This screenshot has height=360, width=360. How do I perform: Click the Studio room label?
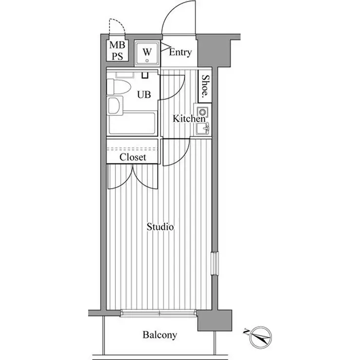click(x=160, y=227)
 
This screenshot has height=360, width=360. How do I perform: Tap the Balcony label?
click(x=160, y=335)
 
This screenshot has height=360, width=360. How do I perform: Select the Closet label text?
click(x=132, y=157)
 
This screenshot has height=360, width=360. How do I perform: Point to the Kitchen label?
click(x=189, y=119)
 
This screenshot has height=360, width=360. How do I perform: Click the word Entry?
click(x=180, y=53)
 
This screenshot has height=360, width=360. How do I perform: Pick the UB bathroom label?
click(x=144, y=94)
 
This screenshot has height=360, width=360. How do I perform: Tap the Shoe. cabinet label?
click(x=205, y=86)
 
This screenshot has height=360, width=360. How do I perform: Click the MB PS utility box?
click(x=117, y=51)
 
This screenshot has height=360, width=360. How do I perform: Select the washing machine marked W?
click(x=147, y=53)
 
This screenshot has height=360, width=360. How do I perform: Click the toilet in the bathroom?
click(x=119, y=87)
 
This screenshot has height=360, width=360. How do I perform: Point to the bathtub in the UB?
click(x=132, y=123)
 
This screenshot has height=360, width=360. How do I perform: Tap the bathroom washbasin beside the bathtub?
click(x=114, y=105)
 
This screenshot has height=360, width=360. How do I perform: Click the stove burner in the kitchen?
click(x=202, y=112)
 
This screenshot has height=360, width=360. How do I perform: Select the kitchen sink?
click(x=202, y=129)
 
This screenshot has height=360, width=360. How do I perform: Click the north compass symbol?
click(x=260, y=337)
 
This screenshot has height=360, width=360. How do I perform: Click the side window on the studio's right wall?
click(x=215, y=263)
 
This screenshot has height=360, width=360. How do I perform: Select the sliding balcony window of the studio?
click(x=159, y=313)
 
